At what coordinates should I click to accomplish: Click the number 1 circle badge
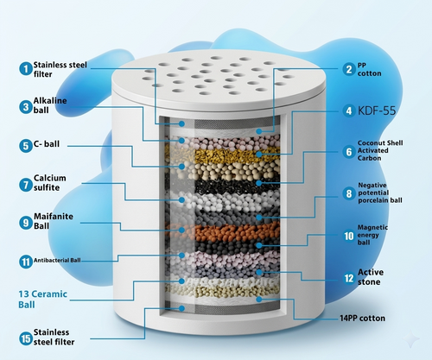26,69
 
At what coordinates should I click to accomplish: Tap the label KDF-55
377,111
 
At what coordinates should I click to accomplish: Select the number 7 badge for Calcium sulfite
26,185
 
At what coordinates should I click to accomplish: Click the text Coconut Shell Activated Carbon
380,150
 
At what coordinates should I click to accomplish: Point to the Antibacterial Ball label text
57,261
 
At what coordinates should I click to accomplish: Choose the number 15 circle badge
26,338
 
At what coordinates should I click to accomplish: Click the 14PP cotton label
362,319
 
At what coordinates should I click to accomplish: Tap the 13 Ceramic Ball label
42,300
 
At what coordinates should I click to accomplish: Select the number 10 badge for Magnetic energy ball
349,236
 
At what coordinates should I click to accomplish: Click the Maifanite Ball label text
54,221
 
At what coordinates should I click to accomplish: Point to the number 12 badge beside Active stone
349,278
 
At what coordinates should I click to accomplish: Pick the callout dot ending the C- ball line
181,167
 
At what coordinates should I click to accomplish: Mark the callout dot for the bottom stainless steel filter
181,308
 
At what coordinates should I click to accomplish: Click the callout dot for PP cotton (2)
259,131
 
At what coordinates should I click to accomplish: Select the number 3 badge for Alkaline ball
26,107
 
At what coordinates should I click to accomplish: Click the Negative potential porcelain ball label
380,193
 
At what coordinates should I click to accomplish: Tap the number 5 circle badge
26,146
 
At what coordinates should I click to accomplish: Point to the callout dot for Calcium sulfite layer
181,199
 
